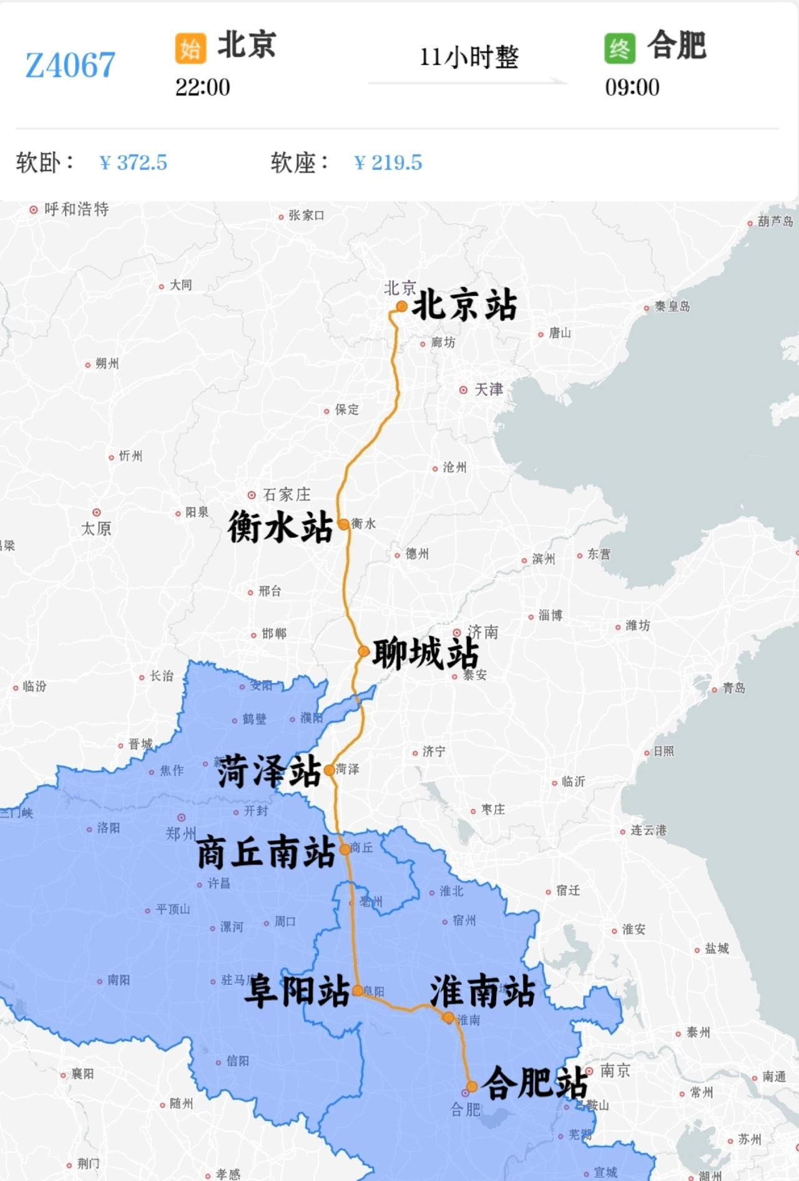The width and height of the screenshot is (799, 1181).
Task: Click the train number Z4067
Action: click(x=70, y=65)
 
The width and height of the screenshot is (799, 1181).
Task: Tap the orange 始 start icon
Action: click(x=190, y=48)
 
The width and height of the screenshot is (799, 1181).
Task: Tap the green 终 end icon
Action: click(x=619, y=48)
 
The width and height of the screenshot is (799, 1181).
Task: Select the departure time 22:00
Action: click(x=202, y=87)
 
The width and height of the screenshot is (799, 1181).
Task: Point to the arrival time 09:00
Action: click(x=632, y=87)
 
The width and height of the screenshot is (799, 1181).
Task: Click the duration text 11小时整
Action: click(x=469, y=57)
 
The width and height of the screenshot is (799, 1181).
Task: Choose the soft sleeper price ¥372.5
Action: click(x=133, y=163)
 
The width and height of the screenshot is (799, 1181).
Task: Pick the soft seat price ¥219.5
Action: click(x=388, y=163)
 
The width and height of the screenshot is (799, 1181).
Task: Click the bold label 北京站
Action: click(x=464, y=306)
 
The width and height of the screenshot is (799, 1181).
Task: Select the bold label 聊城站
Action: click(x=426, y=654)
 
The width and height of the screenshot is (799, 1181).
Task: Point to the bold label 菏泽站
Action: click(x=269, y=771)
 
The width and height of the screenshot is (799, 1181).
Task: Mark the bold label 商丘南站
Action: click(x=267, y=853)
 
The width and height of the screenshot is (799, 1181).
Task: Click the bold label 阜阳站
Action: click(x=297, y=991)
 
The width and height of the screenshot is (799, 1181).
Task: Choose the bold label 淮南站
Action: click(x=483, y=991)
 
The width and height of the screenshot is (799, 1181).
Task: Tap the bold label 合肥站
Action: click(x=535, y=1082)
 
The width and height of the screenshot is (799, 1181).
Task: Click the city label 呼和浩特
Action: click(x=76, y=209)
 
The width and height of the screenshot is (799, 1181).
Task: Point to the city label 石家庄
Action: click(x=286, y=495)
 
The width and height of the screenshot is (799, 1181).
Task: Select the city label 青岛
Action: click(x=733, y=688)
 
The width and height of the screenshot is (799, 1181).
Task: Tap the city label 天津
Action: click(x=488, y=390)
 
